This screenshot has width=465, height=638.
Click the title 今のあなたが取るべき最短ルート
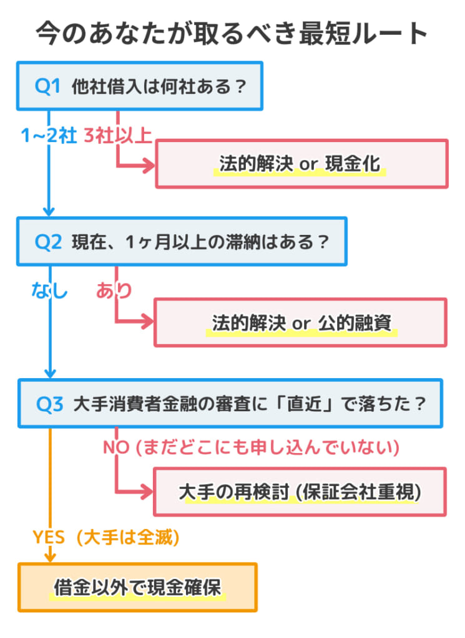232,32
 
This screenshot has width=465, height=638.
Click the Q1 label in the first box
48,86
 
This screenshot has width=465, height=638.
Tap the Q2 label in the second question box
48,242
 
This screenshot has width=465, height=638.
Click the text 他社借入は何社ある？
159,86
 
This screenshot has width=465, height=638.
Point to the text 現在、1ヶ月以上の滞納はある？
200,242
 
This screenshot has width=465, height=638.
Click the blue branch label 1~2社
49,135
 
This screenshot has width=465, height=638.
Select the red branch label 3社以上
117,135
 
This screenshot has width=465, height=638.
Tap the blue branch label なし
49,290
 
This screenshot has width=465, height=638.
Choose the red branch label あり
114,290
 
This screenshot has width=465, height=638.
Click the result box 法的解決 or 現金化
301,164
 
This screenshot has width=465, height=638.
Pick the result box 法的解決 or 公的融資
301,323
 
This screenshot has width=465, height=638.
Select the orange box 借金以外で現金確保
137,588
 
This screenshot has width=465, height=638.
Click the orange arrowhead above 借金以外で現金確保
49,556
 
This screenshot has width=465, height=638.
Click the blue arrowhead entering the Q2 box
49,211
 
